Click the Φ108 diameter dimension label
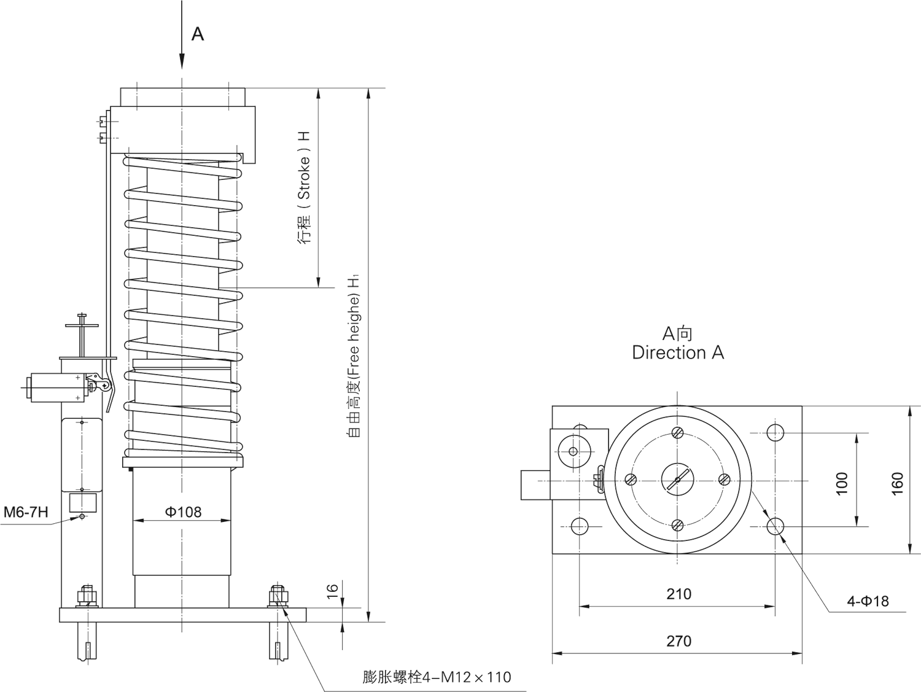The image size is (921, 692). (183, 511)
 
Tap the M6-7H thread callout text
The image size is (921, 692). (26, 511)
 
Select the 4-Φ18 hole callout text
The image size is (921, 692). (868, 601)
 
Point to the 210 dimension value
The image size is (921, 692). (678, 594)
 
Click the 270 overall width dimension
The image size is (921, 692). (678, 641)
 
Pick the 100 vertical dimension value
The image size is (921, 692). (842, 483)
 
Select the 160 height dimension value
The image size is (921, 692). (897, 483)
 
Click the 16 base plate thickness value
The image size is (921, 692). (332, 591)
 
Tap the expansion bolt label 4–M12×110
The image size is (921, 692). (437, 677)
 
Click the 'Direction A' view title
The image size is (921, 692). (678, 352)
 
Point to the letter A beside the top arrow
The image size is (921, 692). (197, 34)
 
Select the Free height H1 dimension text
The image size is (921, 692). (354, 356)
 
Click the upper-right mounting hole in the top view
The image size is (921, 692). (775, 432)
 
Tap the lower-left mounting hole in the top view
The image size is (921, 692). (579, 526)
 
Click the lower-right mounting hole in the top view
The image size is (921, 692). (775, 526)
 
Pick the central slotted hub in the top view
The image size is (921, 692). (677, 479)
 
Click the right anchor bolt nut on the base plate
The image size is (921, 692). (277, 595)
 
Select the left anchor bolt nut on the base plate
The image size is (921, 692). (87, 595)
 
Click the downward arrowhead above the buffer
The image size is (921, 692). (182, 61)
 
